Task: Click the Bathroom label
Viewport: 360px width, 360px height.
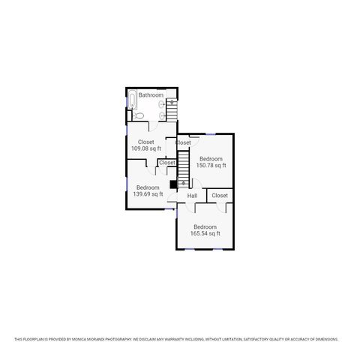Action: (x=151, y=95)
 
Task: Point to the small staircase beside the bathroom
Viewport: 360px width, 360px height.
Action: (x=172, y=111)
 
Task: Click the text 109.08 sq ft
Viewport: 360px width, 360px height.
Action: (x=146, y=148)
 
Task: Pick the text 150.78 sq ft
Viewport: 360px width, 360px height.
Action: (x=211, y=166)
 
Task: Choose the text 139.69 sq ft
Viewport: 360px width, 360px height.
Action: (x=148, y=194)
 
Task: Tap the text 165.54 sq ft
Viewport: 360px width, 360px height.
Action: (x=205, y=233)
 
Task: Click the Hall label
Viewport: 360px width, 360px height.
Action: (x=192, y=196)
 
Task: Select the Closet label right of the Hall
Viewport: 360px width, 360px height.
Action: (x=220, y=196)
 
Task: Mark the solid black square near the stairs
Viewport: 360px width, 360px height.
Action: (x=173, y=184)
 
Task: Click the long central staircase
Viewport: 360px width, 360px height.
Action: (x=181, y=166)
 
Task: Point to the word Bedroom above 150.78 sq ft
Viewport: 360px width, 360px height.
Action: (x=211, y=159)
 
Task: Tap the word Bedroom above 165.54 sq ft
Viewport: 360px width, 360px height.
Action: (x=205, y=226)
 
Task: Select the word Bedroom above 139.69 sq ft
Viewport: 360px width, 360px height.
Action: (x=148, y=187)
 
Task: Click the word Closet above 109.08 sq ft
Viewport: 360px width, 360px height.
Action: (x=146, y=142)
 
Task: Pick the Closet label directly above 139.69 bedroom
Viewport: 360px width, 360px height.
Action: (x=167, y=163)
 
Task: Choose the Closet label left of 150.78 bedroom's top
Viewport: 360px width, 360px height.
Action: (x=183, y=142)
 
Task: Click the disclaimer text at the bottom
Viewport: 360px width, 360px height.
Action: (x=180, y=339)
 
